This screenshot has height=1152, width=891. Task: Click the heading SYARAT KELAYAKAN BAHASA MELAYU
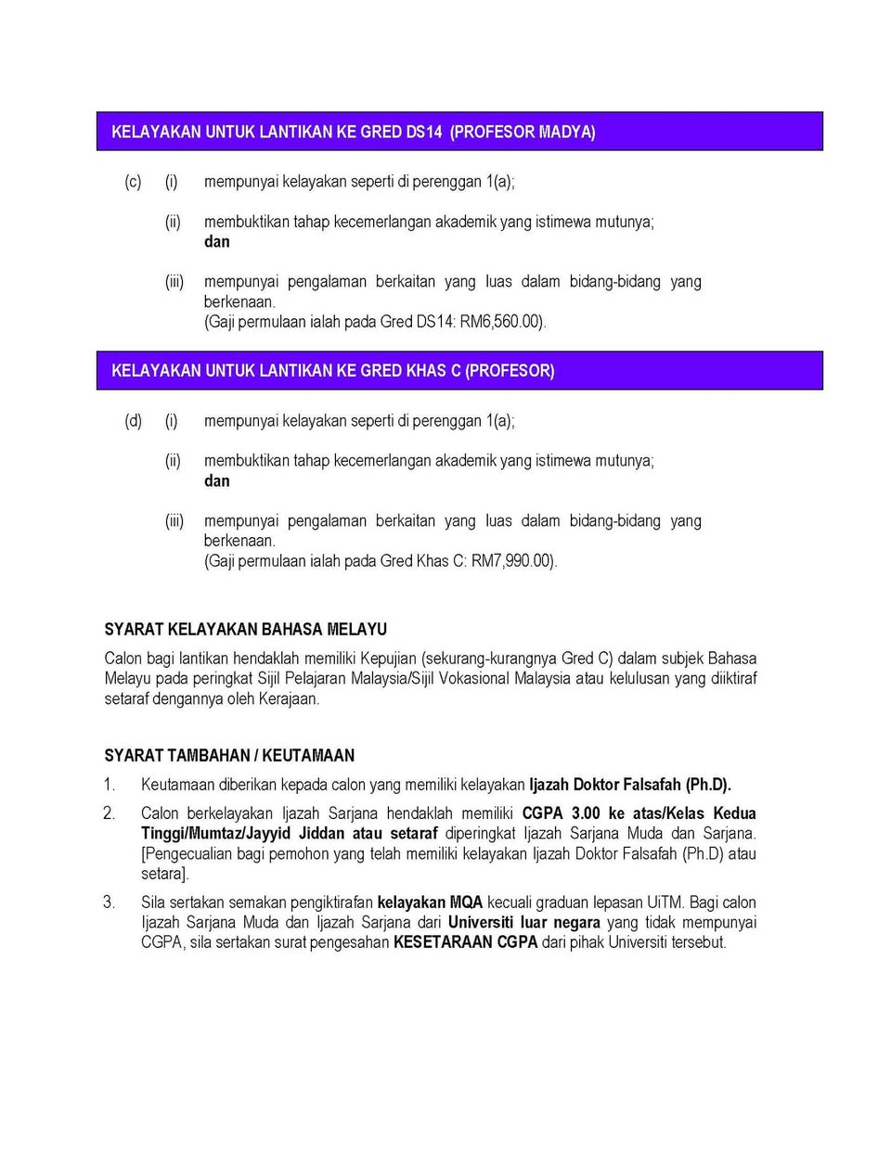(x=245, y=629)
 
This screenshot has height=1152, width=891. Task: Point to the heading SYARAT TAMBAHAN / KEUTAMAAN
(x=229, y=755)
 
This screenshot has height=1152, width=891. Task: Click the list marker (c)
(x=133, y=182)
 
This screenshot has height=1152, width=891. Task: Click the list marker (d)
(x=133, y=421)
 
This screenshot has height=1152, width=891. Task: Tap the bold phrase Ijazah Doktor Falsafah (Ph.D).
(x=629, y=785)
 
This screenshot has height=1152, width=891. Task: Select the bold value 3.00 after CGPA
(x=586, y=813)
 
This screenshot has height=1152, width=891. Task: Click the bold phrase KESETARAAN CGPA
(x=465, y=942)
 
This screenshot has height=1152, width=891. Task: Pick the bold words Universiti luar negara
(x=523, y=922)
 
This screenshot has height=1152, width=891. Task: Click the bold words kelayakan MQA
(x=430, y=902)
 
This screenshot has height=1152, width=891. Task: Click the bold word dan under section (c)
(x=216, y=242)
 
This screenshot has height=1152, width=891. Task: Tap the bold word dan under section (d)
(x=216, y=481)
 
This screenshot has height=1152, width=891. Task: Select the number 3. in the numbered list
(x=110, y=902)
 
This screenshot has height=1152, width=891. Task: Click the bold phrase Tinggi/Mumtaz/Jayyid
(x=214, y=833)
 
